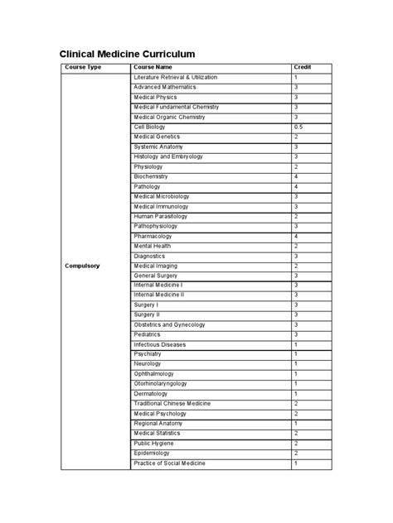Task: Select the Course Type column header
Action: pyautogui.click(x=84, y=67)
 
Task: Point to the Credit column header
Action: pyautogui.click(x=302, y=67)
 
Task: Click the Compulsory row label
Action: pyautogui.click(x=83, y=266)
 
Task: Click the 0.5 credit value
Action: pyautogui.click(x=298, y=127)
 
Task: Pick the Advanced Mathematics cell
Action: pyautogui.click(x=165, y=87)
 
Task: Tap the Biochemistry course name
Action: pyautogui.click(x=151, y=176)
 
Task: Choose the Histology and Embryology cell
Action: pyautogui.click(x=168, y=156)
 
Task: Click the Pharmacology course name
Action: pyautogui.click(x=153, y=236)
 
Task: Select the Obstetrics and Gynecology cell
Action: pyautogui.click(x=171, y=324)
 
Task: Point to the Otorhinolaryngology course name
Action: pyautogui.click(x=160, y=384)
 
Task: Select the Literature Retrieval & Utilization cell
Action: pyautogui.click(x=175, y=77)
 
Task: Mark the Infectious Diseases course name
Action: pyautogui.click(x=159, y=344)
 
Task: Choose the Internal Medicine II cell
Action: pyautogui.click(x=159, y=295)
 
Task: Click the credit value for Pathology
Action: pyautogui.click(x=296, y=186)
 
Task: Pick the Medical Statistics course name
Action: pyautogui.click(x=157, y=434)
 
